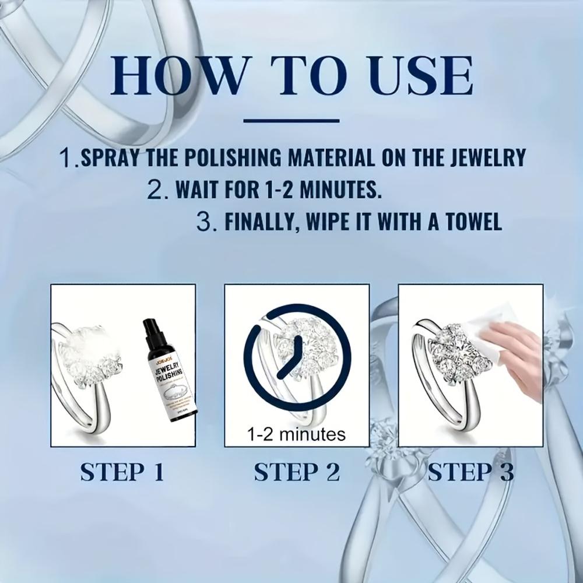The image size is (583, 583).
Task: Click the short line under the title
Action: click(291, 121)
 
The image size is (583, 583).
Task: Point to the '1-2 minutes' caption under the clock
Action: click(297, 434)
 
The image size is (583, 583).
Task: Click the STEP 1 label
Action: click(122, 472)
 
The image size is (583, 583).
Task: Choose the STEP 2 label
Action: click(296, 472)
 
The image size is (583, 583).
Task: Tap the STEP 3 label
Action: click(470, 472)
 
